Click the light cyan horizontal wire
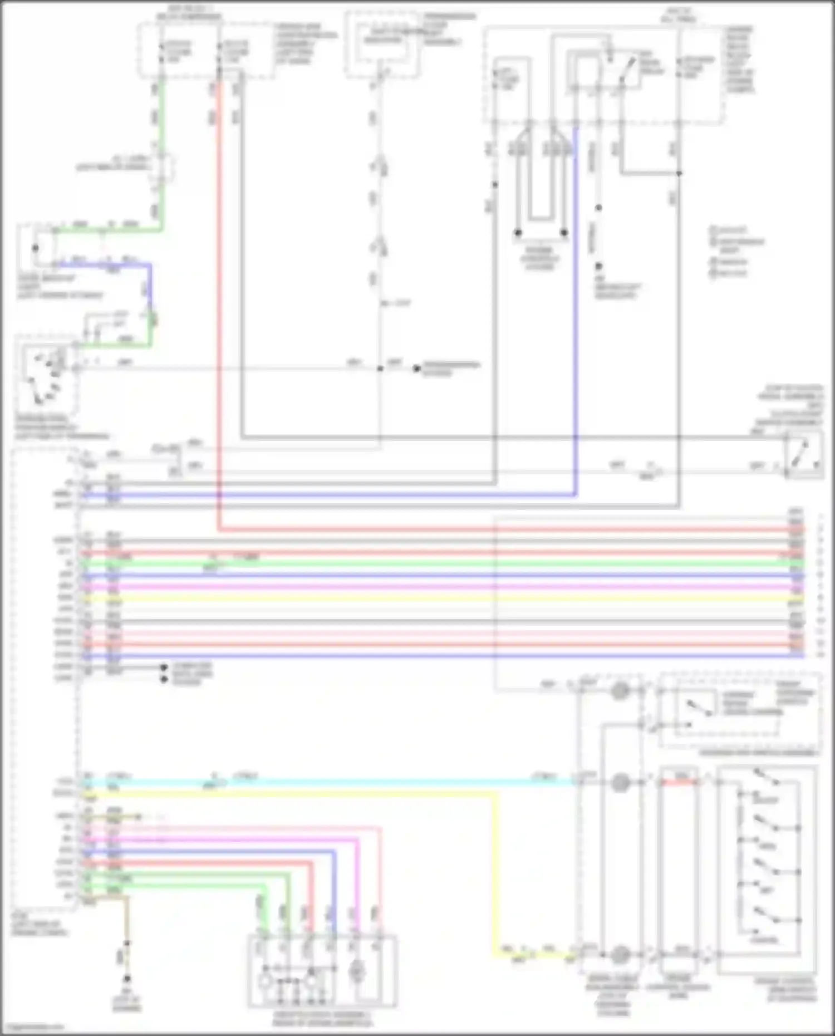pyautogui.click(x=390, y=782)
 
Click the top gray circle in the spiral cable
pyautogui.click(x=620, y=691)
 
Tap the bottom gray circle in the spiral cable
pyautogui.click(x=620, y=955)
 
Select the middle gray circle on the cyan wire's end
pyautogui.click(x=620, y=783)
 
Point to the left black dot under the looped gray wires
pyautogui.click(x=518, y=233)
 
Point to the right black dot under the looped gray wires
pyautogui.click(x=564, y=233)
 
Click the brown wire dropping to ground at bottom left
pyautogui.click(x=127, y=919)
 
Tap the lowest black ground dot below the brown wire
pyautogui.click(x=127, y=979)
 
